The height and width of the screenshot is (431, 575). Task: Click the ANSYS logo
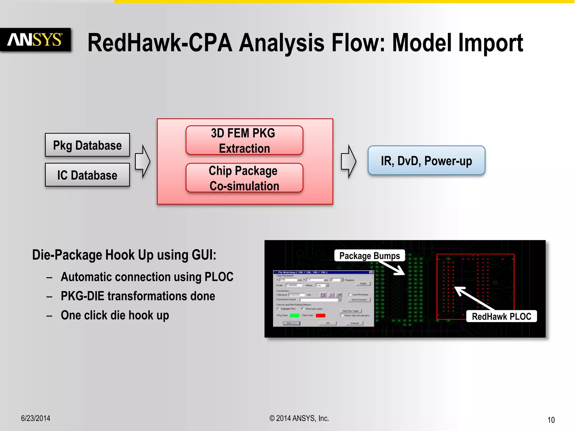click(x=35, y=40)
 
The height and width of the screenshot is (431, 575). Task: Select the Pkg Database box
click(x=87, y=145)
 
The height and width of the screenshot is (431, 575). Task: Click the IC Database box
click(x=87, y=175)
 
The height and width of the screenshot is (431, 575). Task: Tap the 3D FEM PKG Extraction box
click(x=244, y=140)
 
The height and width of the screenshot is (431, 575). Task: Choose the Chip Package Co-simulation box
click(x=244, y=178)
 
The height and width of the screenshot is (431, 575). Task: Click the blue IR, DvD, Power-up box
click(x=426, y=161)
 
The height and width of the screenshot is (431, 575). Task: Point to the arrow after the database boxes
click(x=143, y=161)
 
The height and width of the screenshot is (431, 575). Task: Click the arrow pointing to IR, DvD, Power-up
click(x=348, y=161)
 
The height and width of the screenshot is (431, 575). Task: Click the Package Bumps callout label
click(x=369, y=256)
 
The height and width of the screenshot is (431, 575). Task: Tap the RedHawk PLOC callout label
click(x=501, y=316)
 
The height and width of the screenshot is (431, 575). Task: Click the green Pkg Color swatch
click(x=295, y=315)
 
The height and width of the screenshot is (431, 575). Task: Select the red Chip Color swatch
click(x=320, y=315)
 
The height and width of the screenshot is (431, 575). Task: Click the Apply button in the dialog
click(x=363, y=283)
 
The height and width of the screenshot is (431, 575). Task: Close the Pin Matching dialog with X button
click(x=371, y=272)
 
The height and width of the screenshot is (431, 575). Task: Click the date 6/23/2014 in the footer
click(x=36, y=418)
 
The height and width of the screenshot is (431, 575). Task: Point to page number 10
click(x=551, y=420)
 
